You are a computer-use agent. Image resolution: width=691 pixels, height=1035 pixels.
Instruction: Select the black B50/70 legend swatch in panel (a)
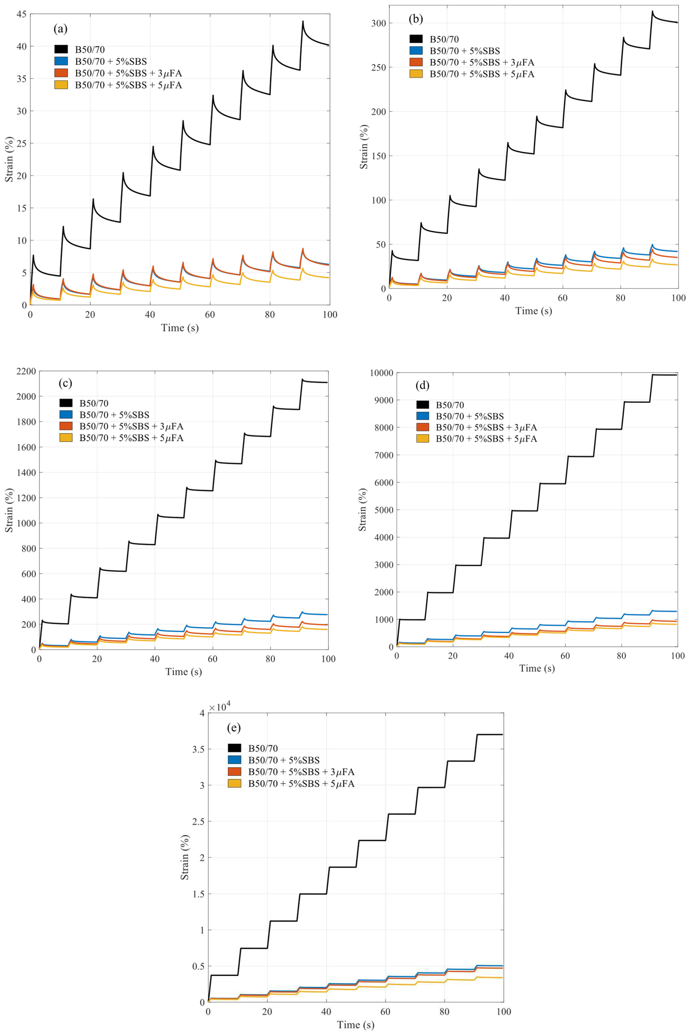61,49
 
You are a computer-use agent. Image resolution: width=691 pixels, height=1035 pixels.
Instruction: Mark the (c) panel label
65,383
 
